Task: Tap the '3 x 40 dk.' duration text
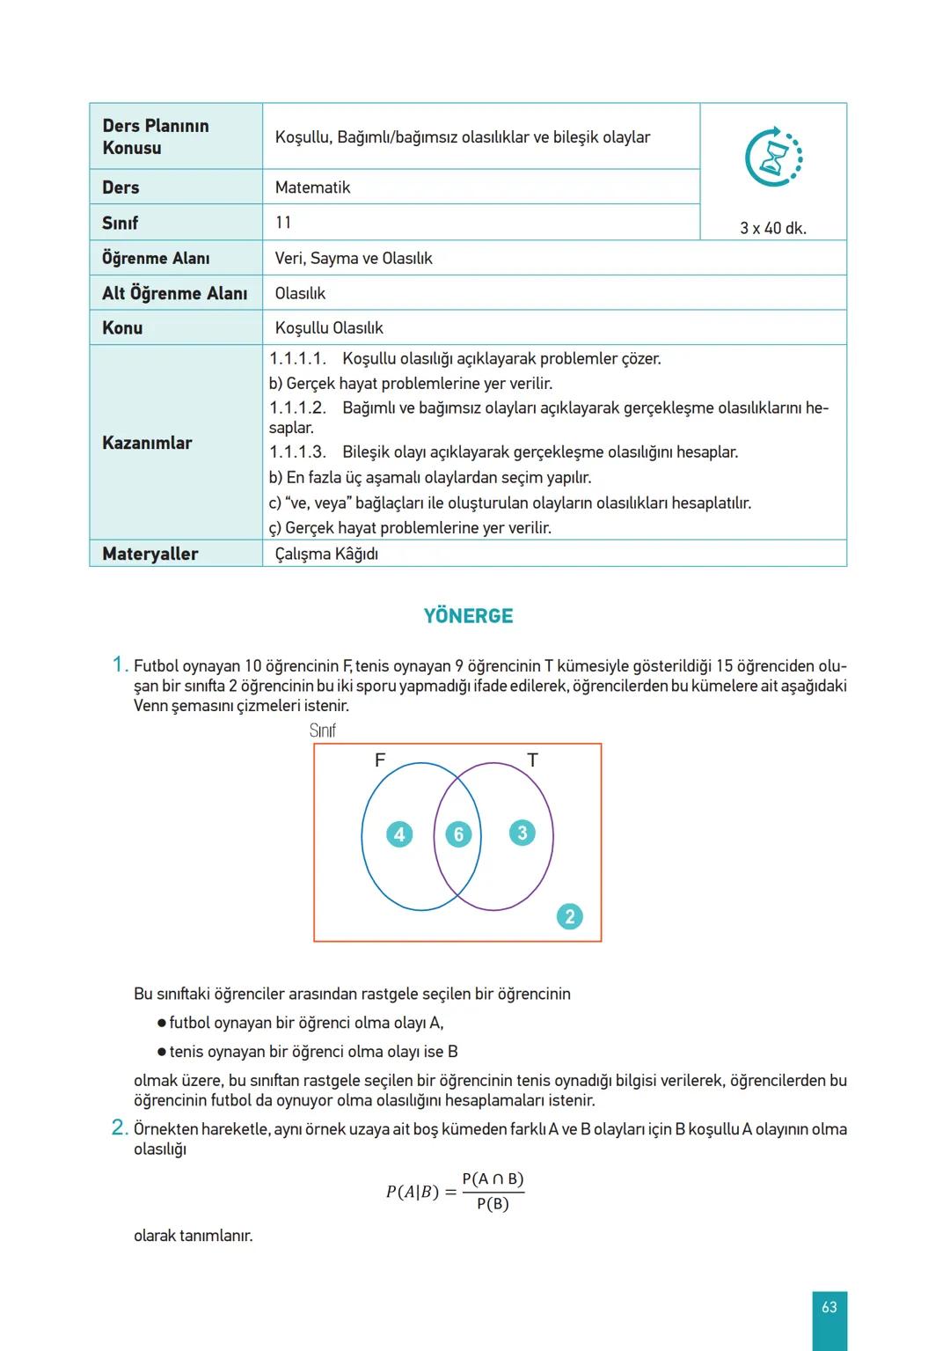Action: [x=772, y=228]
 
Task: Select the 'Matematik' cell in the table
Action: [x=312, y=187]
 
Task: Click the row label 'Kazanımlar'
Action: [x=147, y=443]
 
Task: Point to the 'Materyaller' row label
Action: [x=150, y=554]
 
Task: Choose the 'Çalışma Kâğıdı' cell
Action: [x=326, y=554]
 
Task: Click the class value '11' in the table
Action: [x=283, y=223]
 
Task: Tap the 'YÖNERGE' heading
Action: [x=468, y=616]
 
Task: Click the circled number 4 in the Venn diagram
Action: [x=399, y=834]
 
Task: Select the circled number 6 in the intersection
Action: [x=458, y=834]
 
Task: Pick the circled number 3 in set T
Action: [x=522, y=833]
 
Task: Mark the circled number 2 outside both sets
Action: [x=569, y=916]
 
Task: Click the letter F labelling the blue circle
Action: [x=380, y=760]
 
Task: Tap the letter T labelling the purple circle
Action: [x=532, y=760]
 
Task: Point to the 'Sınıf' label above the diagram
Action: [x=323, y=731]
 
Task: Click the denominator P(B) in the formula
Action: [x=493, y=1204]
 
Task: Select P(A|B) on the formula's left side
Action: [x=412, y=1193]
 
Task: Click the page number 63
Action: [x=829, y=1307]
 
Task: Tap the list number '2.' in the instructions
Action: [x=121, y=1127]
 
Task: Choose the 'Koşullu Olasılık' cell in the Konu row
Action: [x=329, y=327]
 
